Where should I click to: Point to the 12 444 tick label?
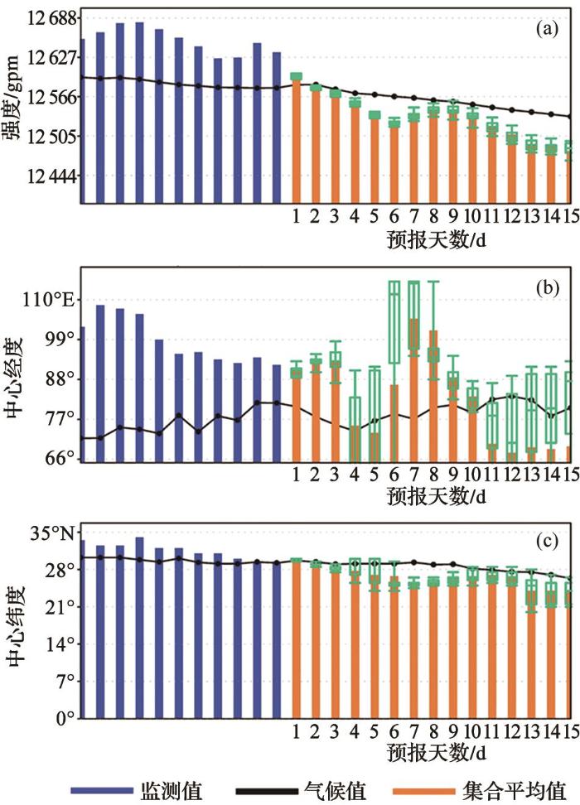[50, 176]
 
